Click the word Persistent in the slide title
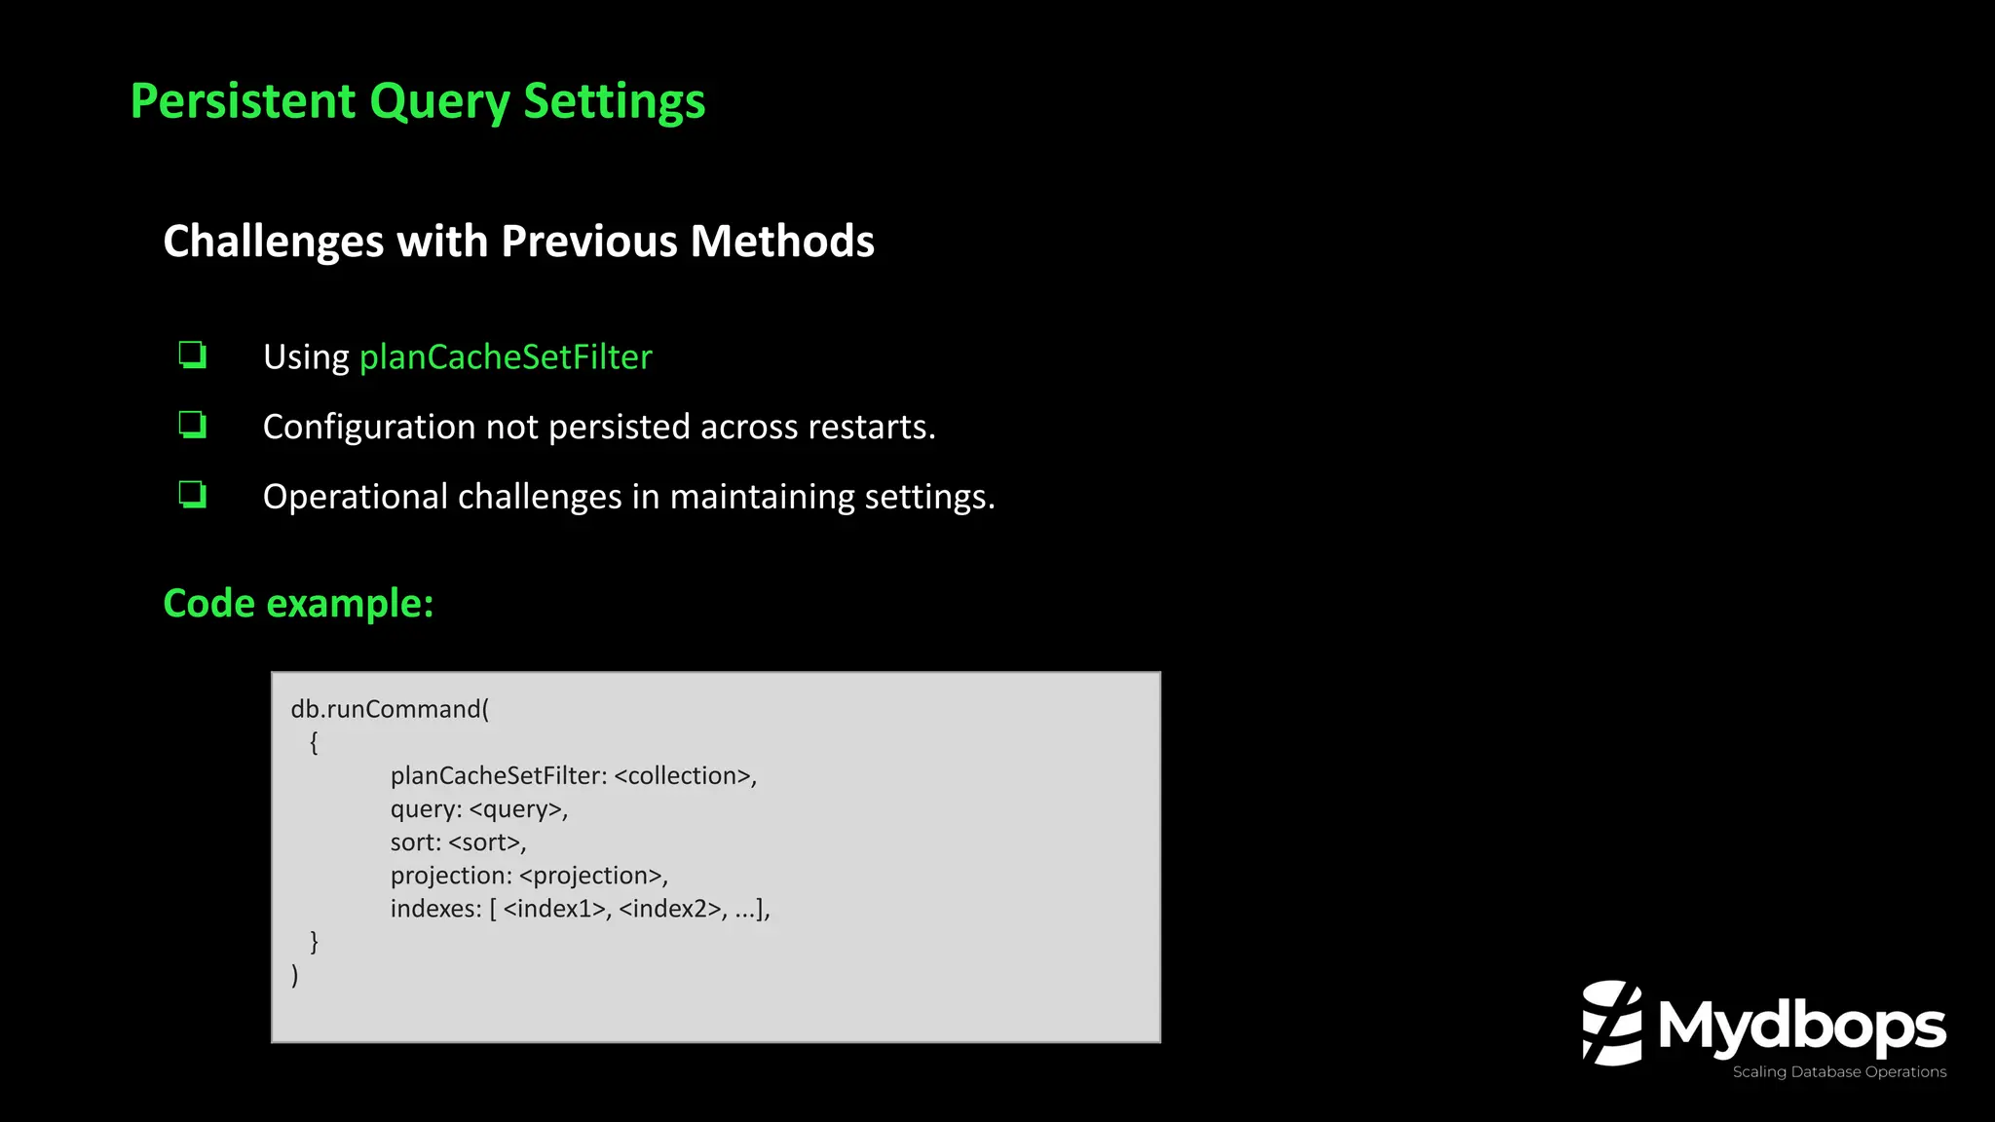point(244,101)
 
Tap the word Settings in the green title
point(614,101)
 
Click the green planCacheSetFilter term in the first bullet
point(506,357)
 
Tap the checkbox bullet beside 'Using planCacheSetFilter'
point(193,355)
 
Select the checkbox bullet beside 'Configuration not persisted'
point(193,425)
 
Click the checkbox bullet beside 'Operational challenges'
point(193,495)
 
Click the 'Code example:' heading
point(298,604)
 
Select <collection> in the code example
point(683,776)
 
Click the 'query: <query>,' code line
point(478,809)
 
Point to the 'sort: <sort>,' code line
point(458,842)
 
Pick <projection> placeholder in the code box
point(591,876)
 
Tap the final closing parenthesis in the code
point(295,975)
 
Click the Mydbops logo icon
point(1612,1023)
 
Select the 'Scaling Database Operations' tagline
point(1839,1072)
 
